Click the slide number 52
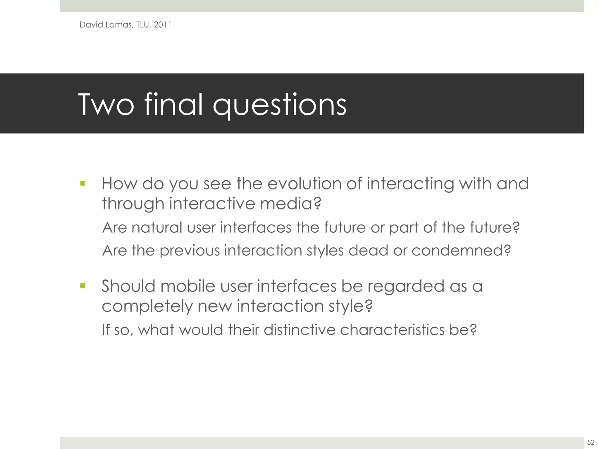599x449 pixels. coord(591,442)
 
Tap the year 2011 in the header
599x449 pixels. coord(162,25)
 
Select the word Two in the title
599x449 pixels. coord(106,105)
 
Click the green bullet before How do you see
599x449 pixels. coord(83,184)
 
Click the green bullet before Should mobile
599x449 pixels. coord(83,286)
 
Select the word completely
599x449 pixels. coord(147,307)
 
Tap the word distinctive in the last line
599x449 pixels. coord(299,330)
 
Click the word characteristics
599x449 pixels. coord(392,330)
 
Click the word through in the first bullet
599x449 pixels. coord(133,204)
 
